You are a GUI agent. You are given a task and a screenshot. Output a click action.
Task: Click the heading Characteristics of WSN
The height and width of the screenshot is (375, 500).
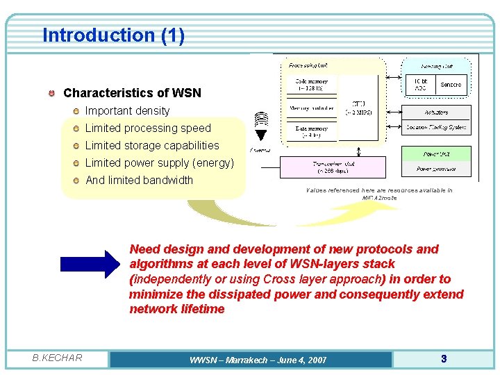132,93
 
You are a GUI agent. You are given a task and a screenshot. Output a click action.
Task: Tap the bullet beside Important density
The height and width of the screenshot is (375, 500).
76,111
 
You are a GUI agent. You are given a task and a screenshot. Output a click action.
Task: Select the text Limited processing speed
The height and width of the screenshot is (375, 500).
147,128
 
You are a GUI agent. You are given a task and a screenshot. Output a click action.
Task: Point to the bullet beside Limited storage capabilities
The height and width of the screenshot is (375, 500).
76,146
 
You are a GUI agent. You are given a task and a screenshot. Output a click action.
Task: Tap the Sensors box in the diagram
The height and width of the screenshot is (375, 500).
451,85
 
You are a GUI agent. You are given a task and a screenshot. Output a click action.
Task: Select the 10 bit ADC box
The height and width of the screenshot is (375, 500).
421,85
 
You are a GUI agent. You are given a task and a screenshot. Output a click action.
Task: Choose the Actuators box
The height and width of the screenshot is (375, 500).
436,112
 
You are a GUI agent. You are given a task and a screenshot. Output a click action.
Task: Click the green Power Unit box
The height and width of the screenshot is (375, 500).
436,154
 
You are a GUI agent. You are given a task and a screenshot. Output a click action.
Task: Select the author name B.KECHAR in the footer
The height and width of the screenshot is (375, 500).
58,358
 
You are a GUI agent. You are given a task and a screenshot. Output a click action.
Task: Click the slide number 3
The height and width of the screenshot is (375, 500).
443,358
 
